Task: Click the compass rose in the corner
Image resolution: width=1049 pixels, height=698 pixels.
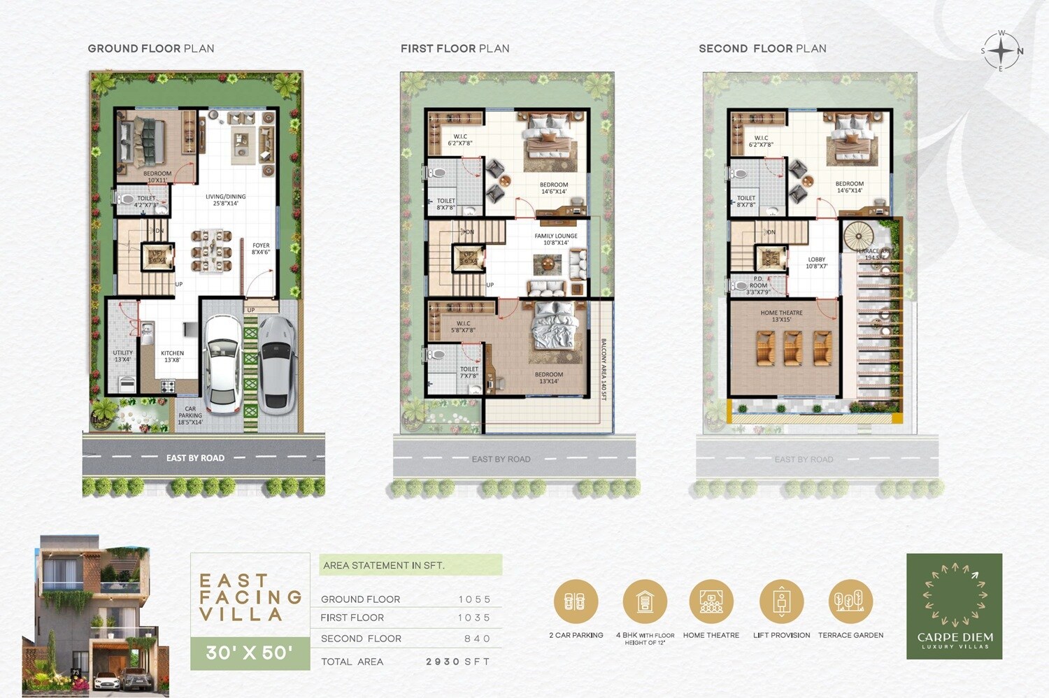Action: [x=1001, y=51]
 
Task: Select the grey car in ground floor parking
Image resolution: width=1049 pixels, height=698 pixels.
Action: [x=277, y=362]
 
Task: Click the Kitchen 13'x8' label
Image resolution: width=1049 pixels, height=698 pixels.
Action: [x=172, y=357]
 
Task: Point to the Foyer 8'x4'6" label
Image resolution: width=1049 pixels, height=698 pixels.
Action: [x=261, y=248]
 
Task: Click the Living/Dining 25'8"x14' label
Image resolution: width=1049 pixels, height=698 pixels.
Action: [x=225, y=200]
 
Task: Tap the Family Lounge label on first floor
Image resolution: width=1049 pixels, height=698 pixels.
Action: [x=556, y=239]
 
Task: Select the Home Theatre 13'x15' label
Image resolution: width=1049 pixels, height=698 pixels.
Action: [x=781, y=316]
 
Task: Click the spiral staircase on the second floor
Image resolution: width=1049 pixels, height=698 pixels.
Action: [x=859, y=235]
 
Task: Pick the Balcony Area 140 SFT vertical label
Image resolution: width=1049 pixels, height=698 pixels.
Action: [x=604, y=369]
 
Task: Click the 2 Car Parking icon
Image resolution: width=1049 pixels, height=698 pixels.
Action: [x=576, y=601]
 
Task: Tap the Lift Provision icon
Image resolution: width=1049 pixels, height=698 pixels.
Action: [x=781, y=601]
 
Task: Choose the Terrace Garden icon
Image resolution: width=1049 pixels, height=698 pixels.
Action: [x=850, y=601]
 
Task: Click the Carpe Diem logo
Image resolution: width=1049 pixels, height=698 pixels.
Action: [x=954, y=606]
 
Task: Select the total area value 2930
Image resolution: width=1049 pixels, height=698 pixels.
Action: [x=443, y=662]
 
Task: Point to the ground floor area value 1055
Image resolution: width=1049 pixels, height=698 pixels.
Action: [x=475, y=599]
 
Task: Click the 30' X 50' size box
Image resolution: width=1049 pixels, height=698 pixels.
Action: [x=250, y=653]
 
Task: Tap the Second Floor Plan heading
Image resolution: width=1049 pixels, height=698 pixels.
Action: [x=762, y=49]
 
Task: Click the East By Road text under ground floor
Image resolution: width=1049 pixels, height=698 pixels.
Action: [x=195, y=458]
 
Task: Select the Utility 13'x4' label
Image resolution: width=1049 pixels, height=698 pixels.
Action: [x=122, y=356]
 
